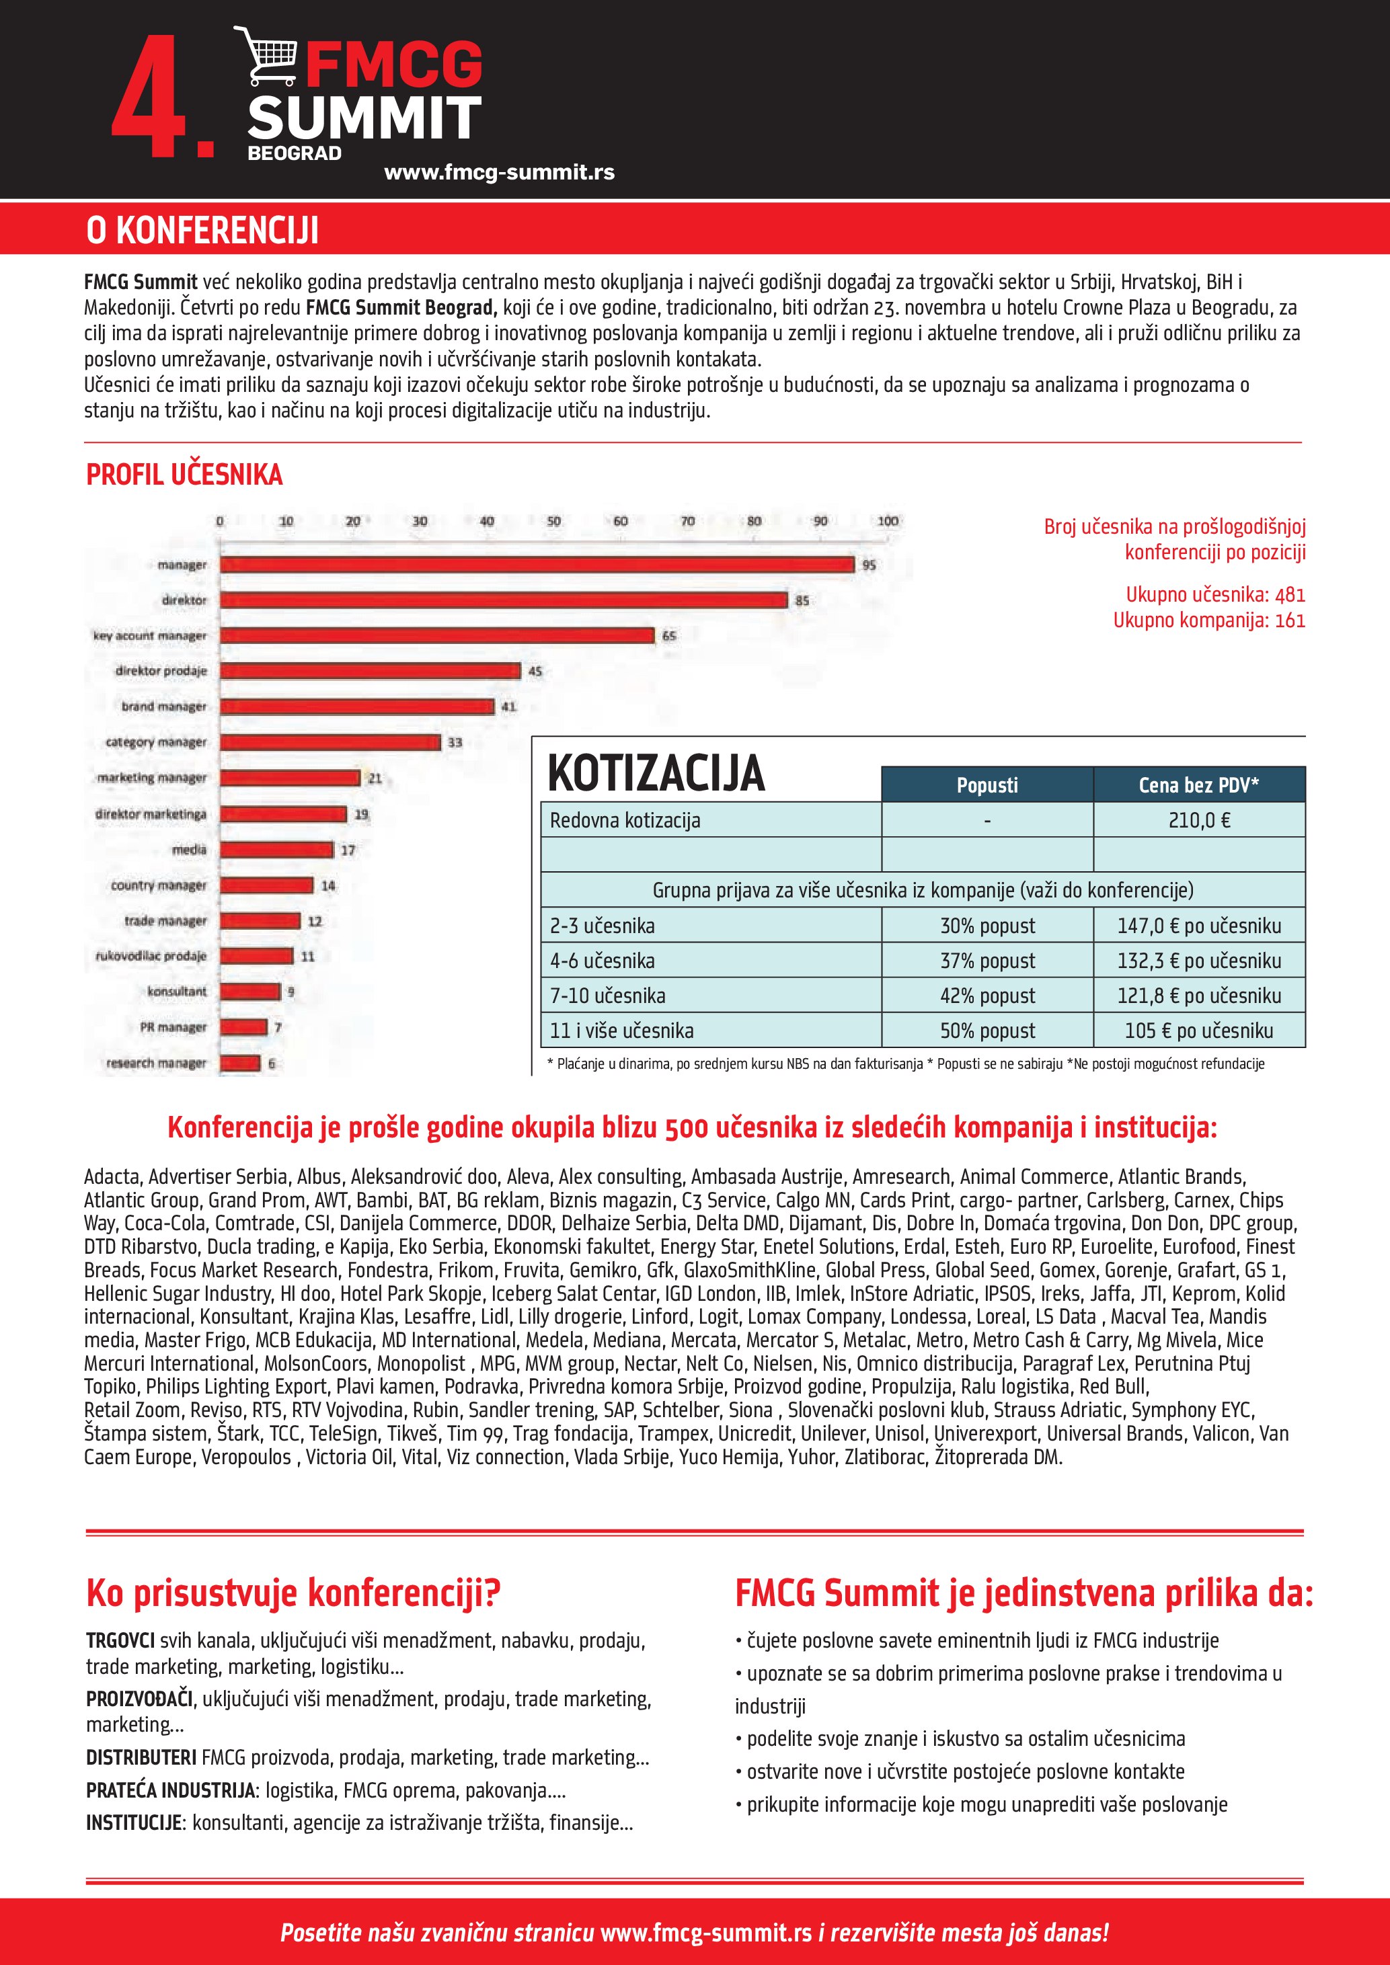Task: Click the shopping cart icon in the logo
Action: coord(266,56)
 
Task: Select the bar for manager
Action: coord(537,565)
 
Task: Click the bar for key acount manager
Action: coord(436,636)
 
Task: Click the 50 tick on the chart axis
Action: coord(553,521)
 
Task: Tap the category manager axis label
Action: coord(156,742)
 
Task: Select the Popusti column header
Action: coord(987,785)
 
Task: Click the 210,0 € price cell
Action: coord(1199,820)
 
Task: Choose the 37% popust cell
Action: coord(987,960)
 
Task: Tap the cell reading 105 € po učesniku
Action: coord(1198,1031)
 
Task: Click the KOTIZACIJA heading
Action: coord(656,773)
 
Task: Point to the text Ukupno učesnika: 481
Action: coord(1215,595)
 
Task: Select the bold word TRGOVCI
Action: coord(120,1640)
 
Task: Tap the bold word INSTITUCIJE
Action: coord(134,1822)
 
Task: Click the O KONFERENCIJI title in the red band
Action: coord(203,230)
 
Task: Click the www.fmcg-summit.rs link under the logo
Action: coord(499,172)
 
